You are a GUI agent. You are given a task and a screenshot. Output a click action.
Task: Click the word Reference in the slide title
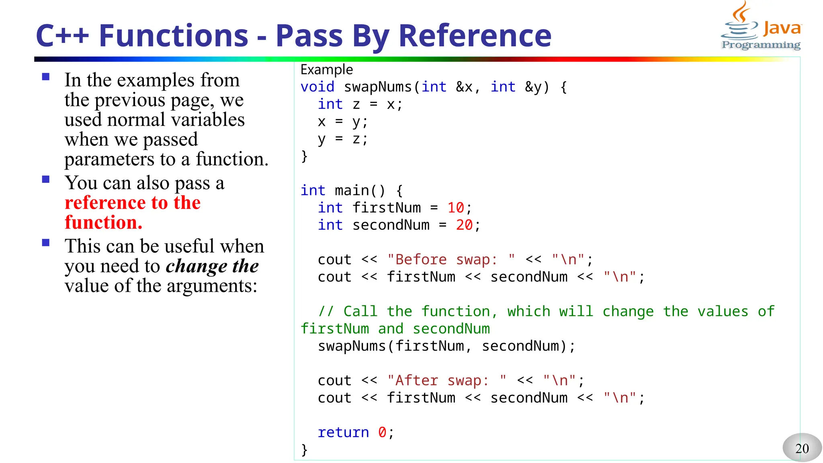pyautogui.click(x=475, y=36)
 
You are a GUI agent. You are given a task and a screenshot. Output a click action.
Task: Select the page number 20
pyautogui.click(x=802, y=448)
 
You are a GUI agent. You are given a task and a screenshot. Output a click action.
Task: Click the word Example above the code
pyautogui.click(x=326, y=70)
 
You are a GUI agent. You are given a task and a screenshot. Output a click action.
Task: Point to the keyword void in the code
pyautogui.click(x=317, y=87)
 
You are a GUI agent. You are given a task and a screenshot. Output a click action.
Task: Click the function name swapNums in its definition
pyautogui.click(x=378, y=87)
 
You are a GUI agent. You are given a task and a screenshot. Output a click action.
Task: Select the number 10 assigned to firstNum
pyautogui.click(x=456, y=208)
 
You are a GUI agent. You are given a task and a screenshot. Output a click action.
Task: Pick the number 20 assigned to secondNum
pyautogui.click(x=464, y=225)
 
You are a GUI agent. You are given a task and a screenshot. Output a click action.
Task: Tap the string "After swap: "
pyautogui.click(x=446, y=381)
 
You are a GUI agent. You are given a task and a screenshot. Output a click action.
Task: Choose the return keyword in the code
pyautogui.click(x=343, y=432)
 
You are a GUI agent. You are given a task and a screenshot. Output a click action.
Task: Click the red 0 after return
pyautogui.click(x=382, y=432)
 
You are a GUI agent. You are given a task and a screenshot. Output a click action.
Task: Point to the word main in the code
pyautogui.click(x=352, y=191)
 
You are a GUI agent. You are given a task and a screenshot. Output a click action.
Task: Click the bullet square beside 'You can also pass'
pyautogui.click(x=46, y=179)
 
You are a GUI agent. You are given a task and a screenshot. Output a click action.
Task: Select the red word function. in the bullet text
pyautogui.click(x=104, y=222)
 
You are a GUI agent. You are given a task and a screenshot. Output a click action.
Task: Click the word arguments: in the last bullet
pyautogui.click(x=212, y=286)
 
